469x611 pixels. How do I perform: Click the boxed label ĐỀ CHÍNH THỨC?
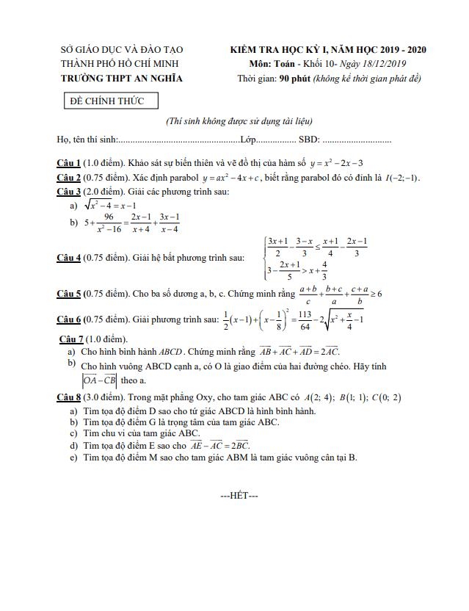[102, 101]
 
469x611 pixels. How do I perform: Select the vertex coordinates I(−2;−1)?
[402, 177]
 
